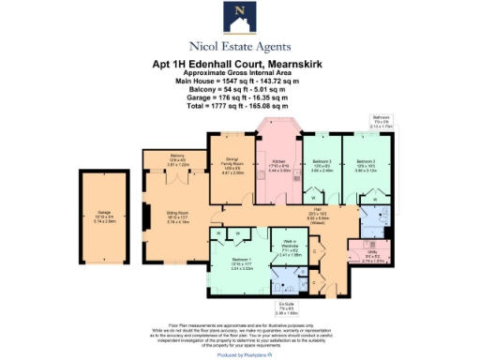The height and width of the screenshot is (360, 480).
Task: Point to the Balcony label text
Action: pos(177,158)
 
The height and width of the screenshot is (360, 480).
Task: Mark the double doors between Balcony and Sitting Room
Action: pos(178,175)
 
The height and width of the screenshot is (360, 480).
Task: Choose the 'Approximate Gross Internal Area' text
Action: pos(239,73)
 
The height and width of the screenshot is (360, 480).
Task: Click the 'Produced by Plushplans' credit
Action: pos(239,355)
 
